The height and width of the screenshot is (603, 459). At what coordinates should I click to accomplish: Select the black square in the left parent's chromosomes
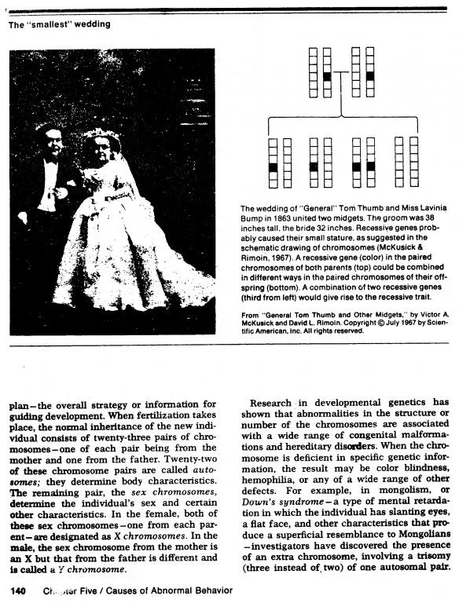click(x=326, y=77)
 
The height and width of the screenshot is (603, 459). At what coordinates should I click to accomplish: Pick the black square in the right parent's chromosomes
click(x=369, y=77)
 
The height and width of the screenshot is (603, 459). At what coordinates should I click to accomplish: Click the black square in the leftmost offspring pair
click(x=273, y=167)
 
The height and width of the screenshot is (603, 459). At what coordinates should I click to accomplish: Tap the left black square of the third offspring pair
click(x=356, y=167)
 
